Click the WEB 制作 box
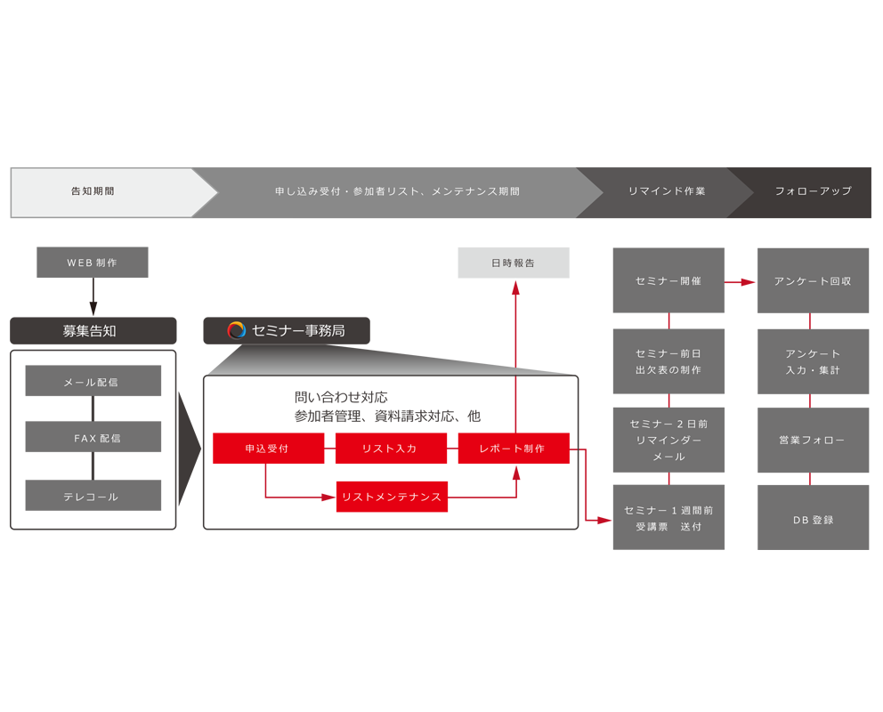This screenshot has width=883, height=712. (x=93, y=263)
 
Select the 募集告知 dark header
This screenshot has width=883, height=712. (x=93, y=331)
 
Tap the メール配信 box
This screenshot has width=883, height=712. (x=93, y=381)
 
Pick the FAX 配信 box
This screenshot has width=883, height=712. (x=93, y=437)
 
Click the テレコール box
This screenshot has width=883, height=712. (x=93, y=496)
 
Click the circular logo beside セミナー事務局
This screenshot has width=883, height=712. (x=237, y=330)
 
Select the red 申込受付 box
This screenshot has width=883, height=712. (x=268, y=448)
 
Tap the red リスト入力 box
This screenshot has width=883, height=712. (x=391, y=448)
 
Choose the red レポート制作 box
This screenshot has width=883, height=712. (x=514, y=448)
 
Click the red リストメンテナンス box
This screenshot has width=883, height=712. (x=392, y=497)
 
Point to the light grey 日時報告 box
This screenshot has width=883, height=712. (x=514, y=263)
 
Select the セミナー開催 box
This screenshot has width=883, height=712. (x=668, y=280)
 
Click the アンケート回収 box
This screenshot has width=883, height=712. (x=814, y=280)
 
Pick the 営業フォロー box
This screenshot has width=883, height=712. (x=814, y=441)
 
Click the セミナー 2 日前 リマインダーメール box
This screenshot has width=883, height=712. (x=668, y=441)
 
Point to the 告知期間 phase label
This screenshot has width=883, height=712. (x=93, y=191)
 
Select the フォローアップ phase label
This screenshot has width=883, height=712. (x=814, y=190)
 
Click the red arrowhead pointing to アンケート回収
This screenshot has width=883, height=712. (x=749, y=282)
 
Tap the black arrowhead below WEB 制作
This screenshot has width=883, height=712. (x=93, y=309)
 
